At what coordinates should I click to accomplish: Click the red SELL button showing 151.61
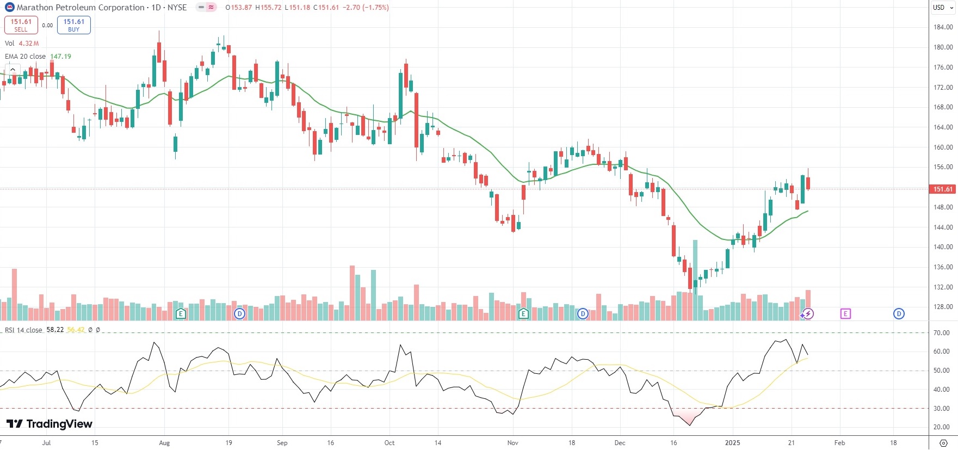[x=21, y=25]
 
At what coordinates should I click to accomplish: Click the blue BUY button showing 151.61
[x=74, y=25]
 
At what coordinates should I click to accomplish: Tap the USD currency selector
[x=939, y=8]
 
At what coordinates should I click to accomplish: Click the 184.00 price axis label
[x=943, y=27]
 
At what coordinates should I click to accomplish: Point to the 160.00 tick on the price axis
[x=943, y=147]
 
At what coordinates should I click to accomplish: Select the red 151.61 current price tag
[x=943, y=189]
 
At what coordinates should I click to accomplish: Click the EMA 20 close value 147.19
[x=60, y=57]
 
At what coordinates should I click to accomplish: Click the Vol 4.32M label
[x=22, y=44]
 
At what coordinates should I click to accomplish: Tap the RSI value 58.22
[x=55, y=330]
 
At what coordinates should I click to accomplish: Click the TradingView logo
[x=50, y=424]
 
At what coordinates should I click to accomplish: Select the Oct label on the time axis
[x=390, y=443]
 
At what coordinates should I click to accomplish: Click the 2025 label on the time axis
[x=732, y=443]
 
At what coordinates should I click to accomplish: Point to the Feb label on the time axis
[x=839, y=443]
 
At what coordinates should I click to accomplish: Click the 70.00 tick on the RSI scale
[x=942, y=333]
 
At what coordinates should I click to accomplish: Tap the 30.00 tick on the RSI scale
[x=942, y=409]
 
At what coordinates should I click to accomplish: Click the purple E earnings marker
[x=845, y=313]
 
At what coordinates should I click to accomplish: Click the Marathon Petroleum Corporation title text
[x=81, y=8]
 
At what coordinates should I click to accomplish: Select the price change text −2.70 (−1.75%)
[x=366, y=8]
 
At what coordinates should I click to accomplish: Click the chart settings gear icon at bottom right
[x=943, y=443]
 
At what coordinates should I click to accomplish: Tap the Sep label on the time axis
[x=282, y=443]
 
